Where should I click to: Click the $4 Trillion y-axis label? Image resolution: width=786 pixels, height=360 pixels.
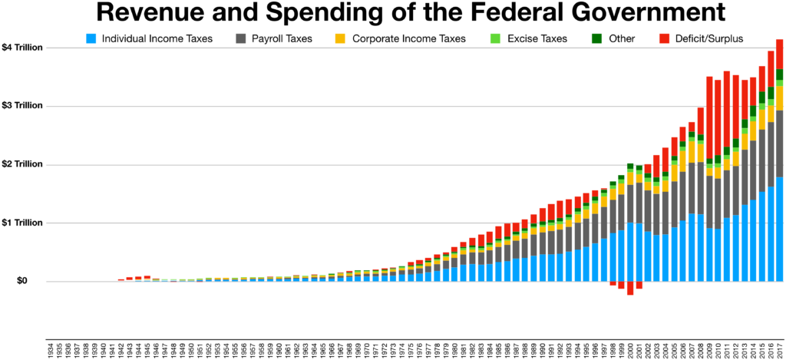(21, 48)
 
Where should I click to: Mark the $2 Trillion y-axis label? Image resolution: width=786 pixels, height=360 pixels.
(21, 164)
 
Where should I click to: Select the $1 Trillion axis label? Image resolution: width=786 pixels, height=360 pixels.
(21, 223)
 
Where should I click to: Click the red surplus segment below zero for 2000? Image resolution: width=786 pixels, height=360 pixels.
(630, 288)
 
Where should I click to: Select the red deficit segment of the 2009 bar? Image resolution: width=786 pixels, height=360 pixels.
(710, 115)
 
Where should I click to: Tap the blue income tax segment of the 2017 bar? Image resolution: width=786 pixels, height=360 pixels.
(780, 230)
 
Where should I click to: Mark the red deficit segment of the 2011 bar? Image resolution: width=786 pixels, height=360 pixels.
(727, 107)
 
